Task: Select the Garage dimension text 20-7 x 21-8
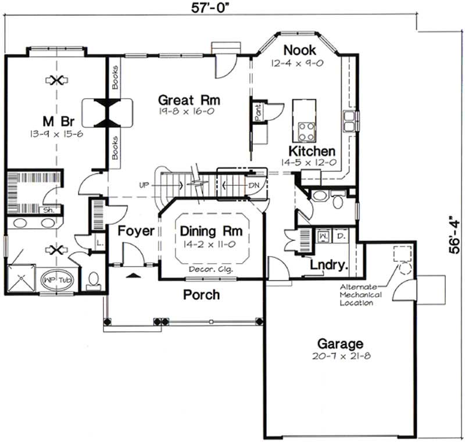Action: (340, 355)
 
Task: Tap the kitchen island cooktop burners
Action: (306, 130)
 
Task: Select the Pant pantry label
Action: (257, 111)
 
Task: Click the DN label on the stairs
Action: (253, 185)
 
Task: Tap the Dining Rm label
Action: (211, 231)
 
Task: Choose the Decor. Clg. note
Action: (210, 269)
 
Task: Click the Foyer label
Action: (136, 231)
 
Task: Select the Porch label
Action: (201, 294)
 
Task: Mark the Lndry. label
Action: (329, 265)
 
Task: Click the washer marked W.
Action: (323, 237)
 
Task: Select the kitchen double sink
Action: (350, 121)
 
